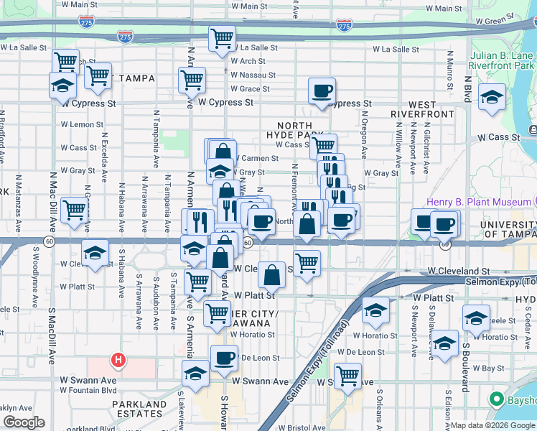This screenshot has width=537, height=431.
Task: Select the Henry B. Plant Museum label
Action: (479, 203)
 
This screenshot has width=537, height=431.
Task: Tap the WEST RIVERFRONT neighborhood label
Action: (422, 108)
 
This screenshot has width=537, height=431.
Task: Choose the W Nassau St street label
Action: (253, 75)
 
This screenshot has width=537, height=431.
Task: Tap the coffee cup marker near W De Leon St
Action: (224, 357)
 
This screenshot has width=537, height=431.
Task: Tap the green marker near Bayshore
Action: (495, 399)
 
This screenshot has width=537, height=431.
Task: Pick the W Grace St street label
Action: (250, 89)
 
